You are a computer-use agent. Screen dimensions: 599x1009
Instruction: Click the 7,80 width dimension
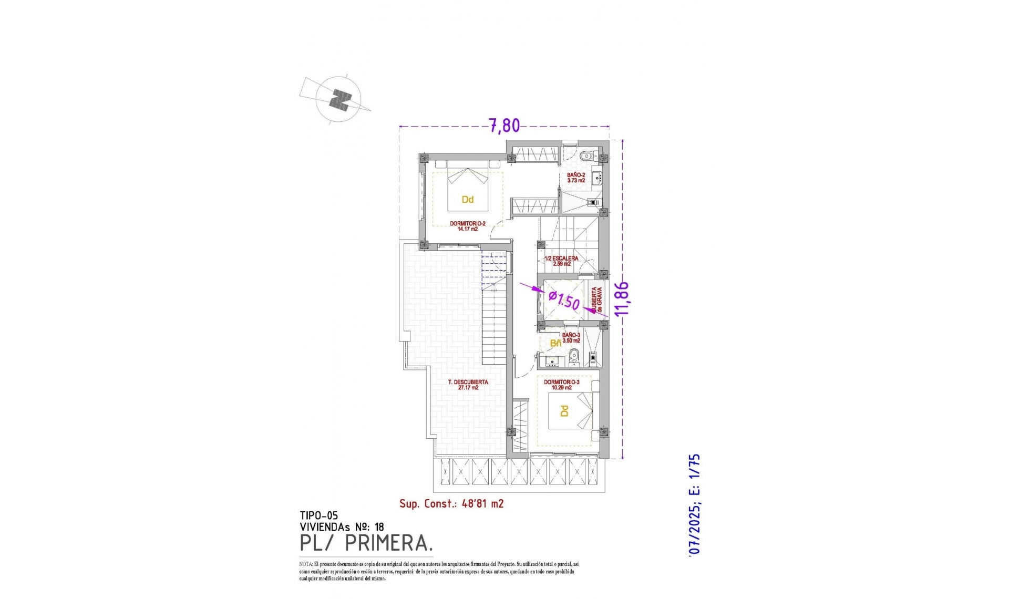coord(504,126)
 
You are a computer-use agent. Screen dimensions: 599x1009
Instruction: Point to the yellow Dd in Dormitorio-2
coord(467,200)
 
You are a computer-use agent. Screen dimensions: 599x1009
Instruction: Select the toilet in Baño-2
coord(588,156)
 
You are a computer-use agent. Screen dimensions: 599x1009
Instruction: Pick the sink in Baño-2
coord(598,179)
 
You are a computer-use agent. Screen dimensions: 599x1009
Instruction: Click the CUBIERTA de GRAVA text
coord(596,301)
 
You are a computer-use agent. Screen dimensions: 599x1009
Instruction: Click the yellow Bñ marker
coord(555,343)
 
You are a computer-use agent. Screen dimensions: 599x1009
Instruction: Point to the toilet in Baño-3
coord(574,356)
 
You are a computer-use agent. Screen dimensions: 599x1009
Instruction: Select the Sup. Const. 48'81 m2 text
coord(451,504)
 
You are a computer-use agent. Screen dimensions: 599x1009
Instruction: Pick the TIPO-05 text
coord(318,516)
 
